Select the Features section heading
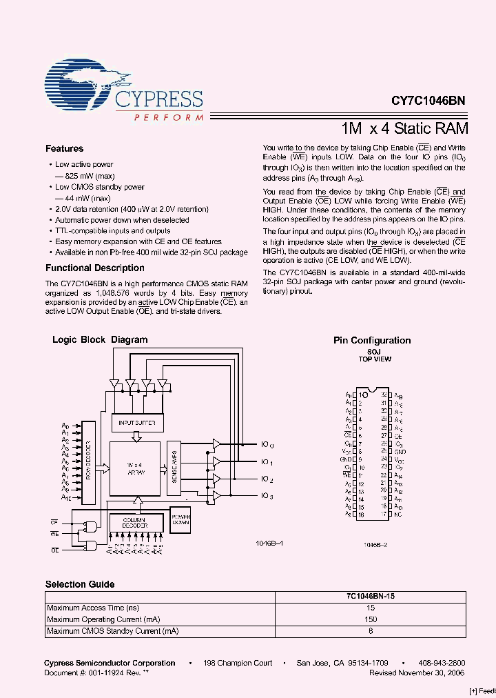(64, 149)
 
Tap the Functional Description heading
(95, 268)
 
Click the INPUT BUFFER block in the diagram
(137, 423)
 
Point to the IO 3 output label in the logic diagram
(267, 496)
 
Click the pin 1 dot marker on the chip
(364, 395)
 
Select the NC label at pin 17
(399, 515)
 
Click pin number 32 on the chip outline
(383, 395)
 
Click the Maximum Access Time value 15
(371, 608)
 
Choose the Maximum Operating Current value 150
(371, 619)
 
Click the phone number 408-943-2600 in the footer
(442, 663)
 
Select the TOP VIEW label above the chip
(375, 359)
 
